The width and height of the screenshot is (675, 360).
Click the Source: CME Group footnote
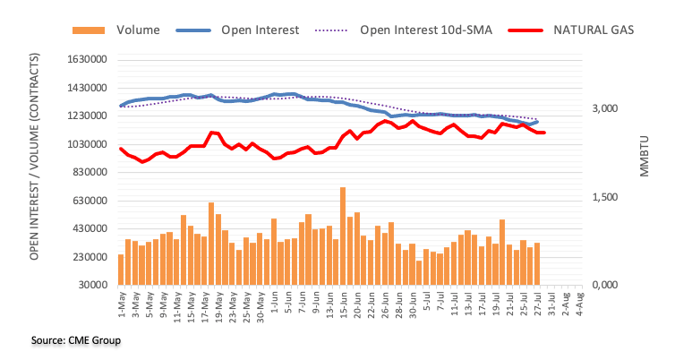(63, 340)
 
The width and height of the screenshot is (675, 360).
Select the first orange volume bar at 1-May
(121, 270)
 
